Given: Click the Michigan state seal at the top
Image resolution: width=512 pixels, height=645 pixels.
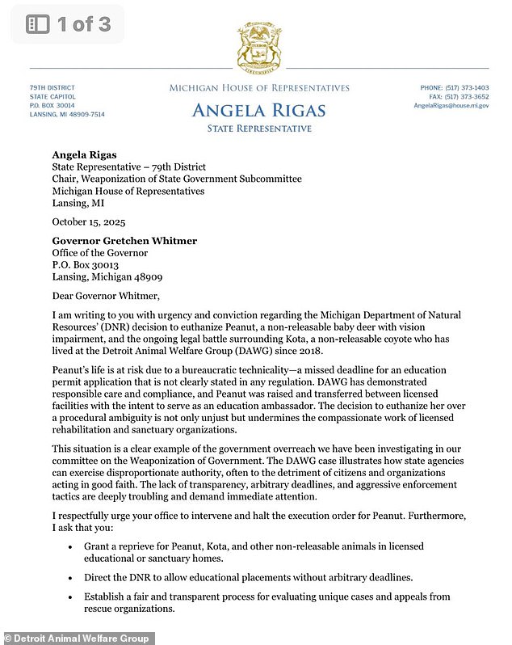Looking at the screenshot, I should tap(259, 46).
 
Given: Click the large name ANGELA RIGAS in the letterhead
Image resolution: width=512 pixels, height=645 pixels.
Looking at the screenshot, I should tap(259, 110).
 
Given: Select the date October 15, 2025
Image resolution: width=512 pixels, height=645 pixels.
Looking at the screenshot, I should tap(89, 221).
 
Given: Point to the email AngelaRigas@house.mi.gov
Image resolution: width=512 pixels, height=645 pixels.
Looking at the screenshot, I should tap(451, 106).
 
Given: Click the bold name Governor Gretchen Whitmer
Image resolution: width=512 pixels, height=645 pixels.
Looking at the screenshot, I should tap(124, 241).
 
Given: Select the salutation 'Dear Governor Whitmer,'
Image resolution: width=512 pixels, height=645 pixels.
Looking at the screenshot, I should tap(101, 296).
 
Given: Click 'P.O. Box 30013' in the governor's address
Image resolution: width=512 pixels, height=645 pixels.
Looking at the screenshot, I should tap(86, 264).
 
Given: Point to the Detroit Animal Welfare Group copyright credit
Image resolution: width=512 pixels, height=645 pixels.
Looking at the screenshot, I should tap(77, 638).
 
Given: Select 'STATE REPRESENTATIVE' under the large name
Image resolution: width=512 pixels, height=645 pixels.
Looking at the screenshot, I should tap(259, 129).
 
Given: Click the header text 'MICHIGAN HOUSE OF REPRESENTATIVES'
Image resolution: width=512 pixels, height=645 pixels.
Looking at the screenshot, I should tap(259, 88).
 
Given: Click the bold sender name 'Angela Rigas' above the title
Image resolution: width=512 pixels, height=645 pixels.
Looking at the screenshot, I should tap(84, 154).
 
